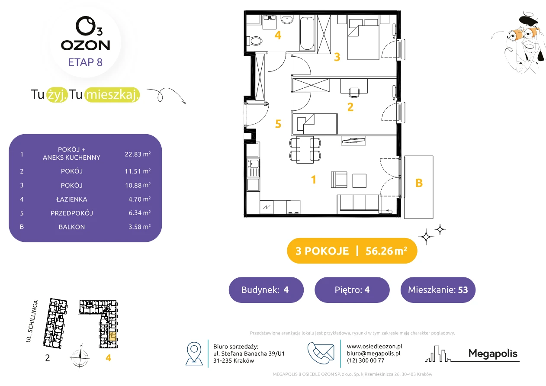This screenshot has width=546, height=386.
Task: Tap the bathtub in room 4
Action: tap(307, 33)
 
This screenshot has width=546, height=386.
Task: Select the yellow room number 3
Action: tap(337, 57)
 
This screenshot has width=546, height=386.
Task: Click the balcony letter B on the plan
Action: tap(419, 183)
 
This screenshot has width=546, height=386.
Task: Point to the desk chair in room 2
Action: tap(353, 92)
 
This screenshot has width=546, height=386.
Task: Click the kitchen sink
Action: tap(253, 168)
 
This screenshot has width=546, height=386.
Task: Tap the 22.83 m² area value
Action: tap(138, 154)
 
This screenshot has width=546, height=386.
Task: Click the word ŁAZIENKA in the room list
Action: tap(72, 199)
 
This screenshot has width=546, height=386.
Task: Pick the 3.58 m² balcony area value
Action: tap(139, 227)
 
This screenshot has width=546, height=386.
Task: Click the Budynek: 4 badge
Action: tap(266, 289)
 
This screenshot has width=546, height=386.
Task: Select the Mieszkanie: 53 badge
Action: tap(438, 289)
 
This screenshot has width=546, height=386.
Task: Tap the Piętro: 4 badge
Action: tap(352, 289)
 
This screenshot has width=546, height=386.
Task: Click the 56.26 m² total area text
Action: tap(386, 251)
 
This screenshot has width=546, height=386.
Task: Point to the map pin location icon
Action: tap(194, 353)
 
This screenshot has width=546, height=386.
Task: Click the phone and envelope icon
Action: tap(321, 353)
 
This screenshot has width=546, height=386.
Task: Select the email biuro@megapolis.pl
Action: tap(373, 353)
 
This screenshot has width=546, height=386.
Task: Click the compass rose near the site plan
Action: tap(80, 357)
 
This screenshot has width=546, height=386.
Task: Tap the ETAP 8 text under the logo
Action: tap(85, 62)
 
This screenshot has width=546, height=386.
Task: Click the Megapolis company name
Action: tap(493, 353)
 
